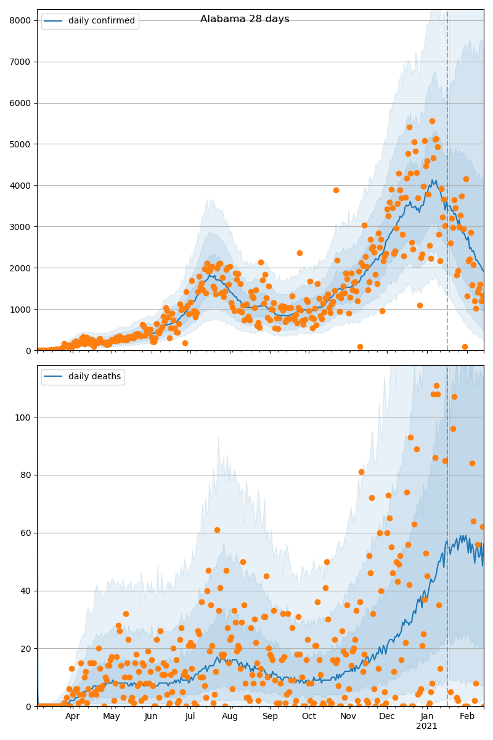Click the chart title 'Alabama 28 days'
coord(245,19)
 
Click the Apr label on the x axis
coord(73,717)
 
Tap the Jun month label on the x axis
coord(151,717)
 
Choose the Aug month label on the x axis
coord(230,717)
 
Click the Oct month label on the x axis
coord(309,717)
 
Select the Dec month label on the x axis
coord(387,717)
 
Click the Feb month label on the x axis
coord(467,717)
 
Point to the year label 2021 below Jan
coord(426,726)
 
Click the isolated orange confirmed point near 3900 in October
coord(336,190)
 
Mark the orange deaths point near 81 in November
coord(361,472)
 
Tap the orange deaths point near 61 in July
coord(217,530)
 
